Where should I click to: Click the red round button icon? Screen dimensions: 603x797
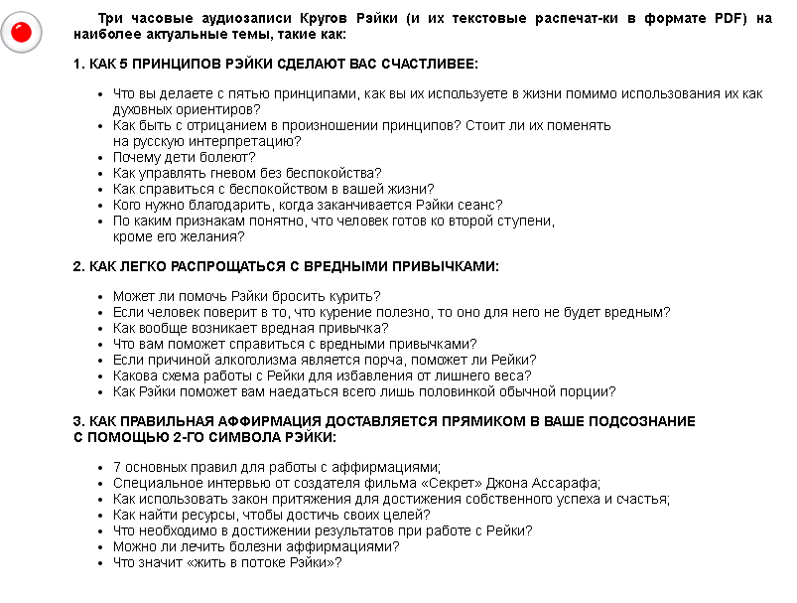[x=21, y=33]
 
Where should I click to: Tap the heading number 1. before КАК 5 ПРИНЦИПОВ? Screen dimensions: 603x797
[x=79, y=64]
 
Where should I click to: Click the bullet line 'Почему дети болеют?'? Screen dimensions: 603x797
[x=184, y=157]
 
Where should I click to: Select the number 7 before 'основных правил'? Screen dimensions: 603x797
[x=117, y=467]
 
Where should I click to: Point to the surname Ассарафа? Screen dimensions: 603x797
[x=564, y=483]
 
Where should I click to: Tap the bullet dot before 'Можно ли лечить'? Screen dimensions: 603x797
[x=103, y=547]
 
